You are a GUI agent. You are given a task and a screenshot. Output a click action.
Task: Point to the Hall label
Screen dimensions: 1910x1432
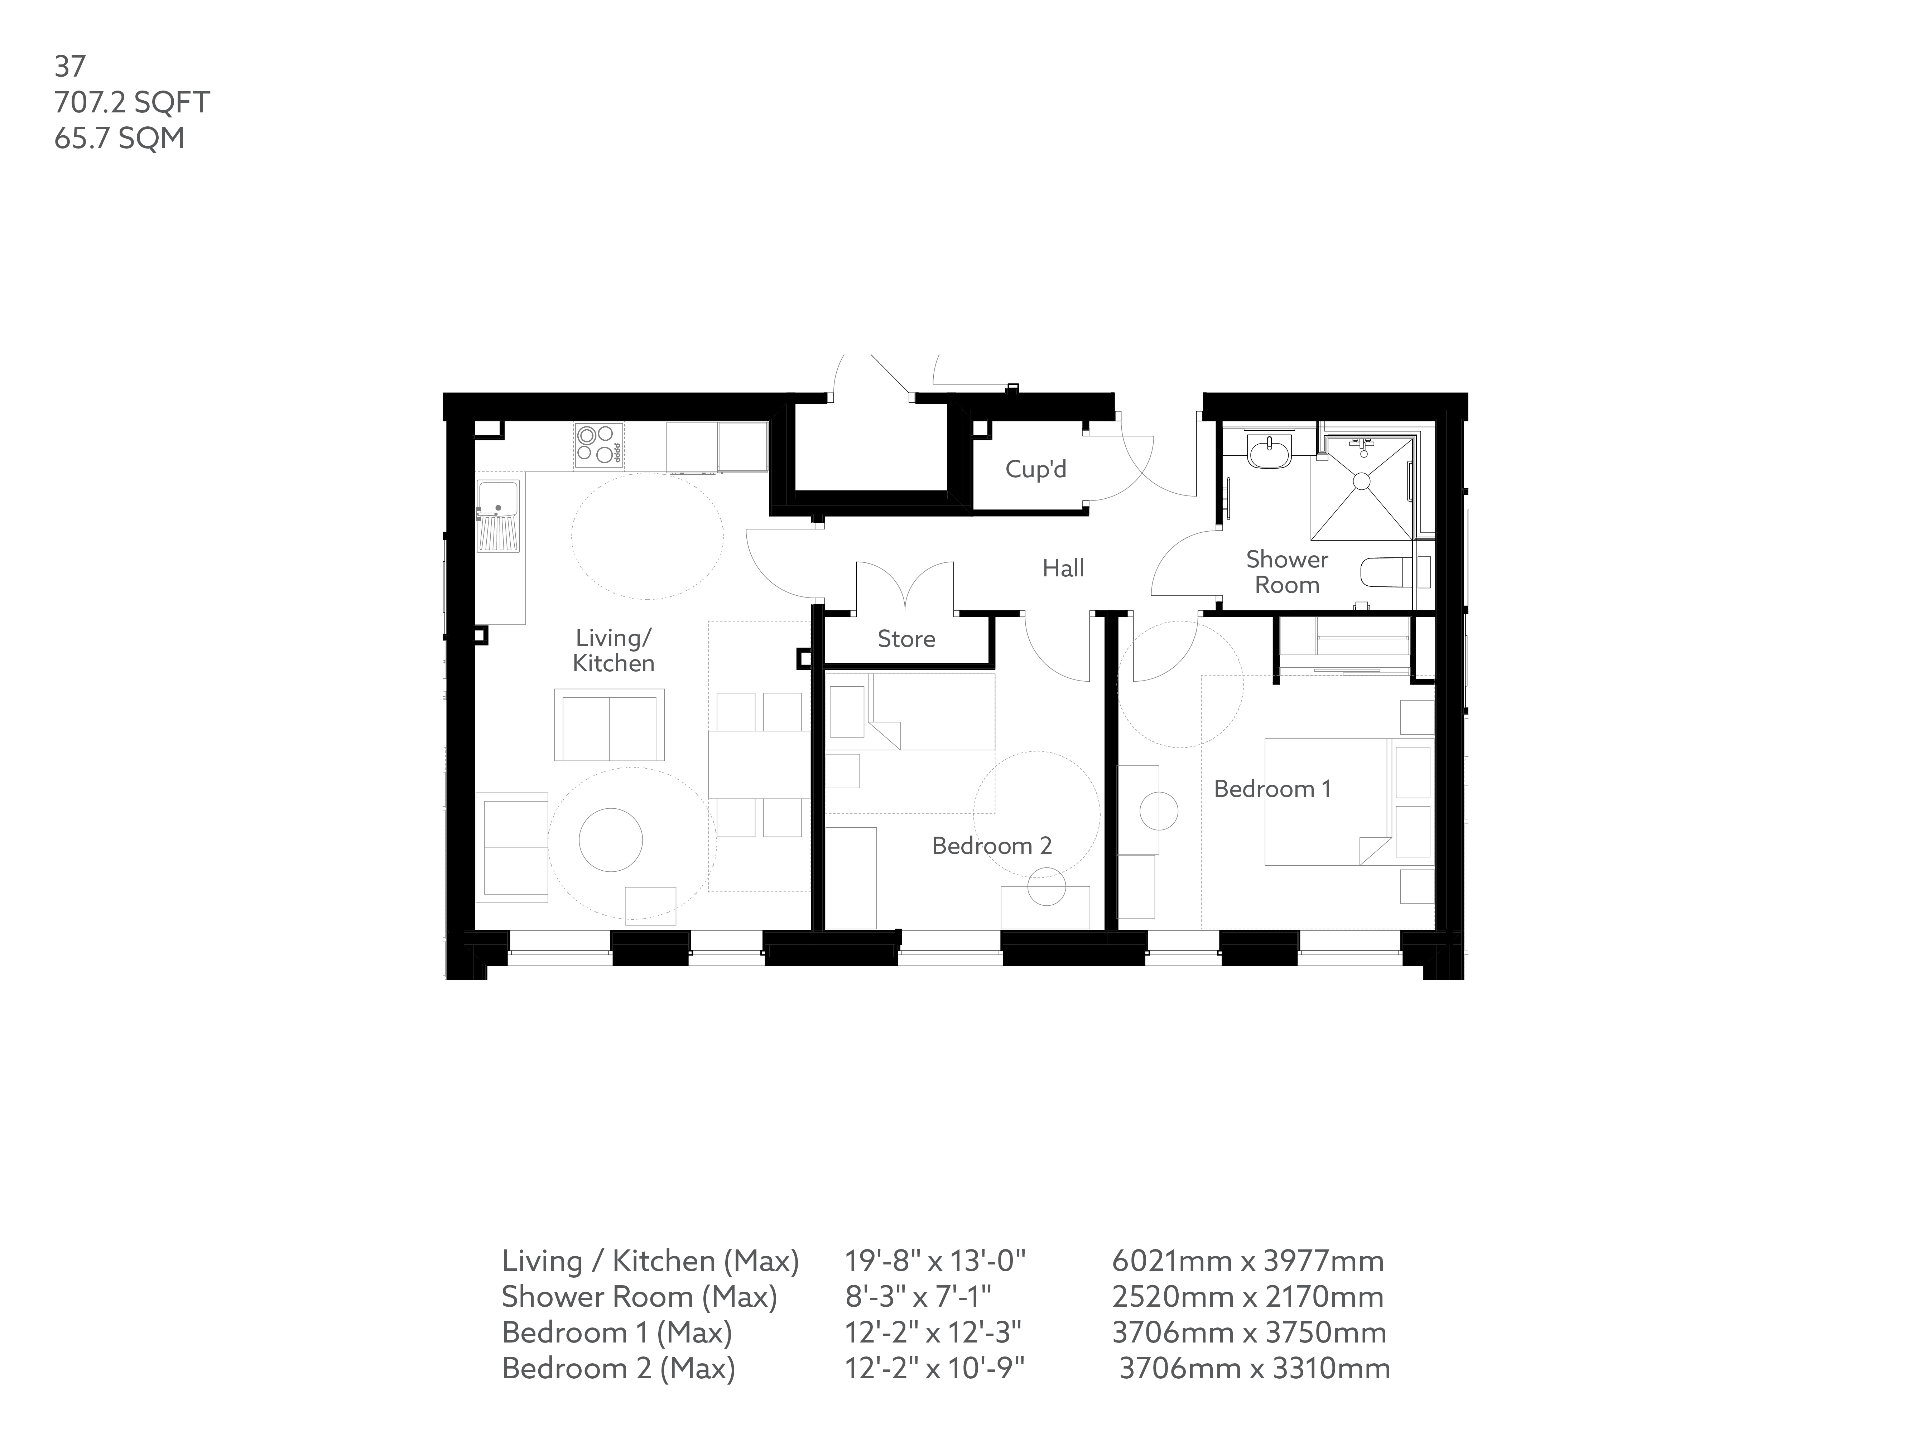tap(1063, 568)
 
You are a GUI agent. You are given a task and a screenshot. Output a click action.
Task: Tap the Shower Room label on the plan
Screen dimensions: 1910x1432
tap(1286, 571)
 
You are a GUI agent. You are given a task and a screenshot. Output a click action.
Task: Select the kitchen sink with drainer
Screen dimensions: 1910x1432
tap(498, 515)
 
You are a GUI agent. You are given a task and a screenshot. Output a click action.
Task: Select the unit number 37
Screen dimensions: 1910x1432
tap(70, 67)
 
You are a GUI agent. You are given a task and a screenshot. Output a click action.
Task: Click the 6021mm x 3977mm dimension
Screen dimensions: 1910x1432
tap(1248, 1261)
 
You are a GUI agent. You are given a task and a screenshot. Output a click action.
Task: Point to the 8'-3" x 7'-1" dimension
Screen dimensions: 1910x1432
tap(918, 1296)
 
